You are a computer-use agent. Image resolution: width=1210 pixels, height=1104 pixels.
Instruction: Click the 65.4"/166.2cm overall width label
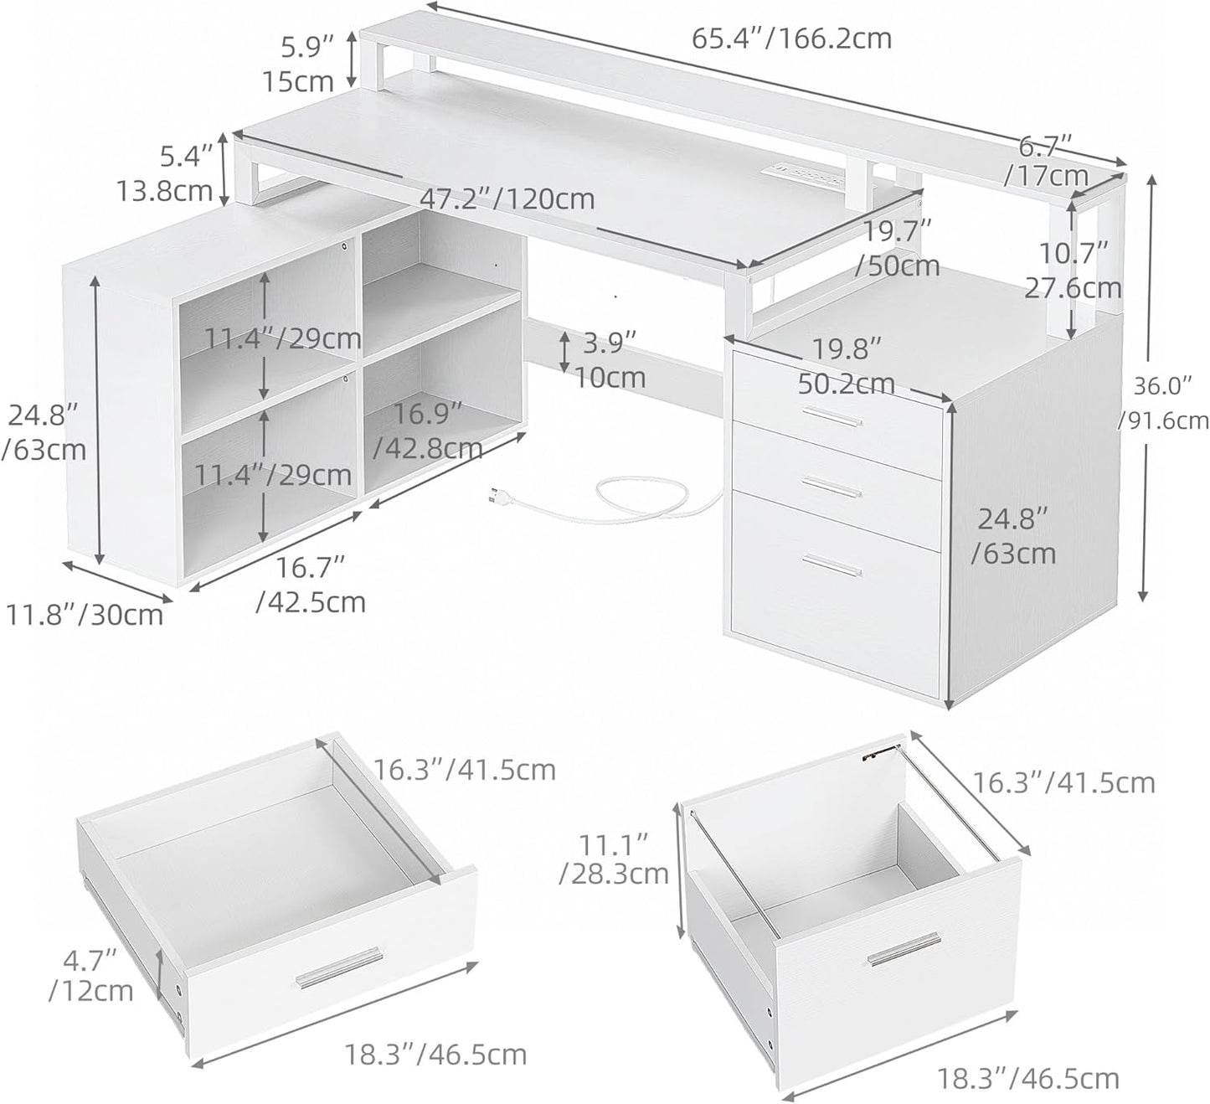(791, 39)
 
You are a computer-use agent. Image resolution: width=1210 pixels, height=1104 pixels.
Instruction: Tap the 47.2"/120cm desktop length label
(507, 199)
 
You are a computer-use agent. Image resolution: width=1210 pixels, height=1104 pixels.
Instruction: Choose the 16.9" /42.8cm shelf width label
(428, 430)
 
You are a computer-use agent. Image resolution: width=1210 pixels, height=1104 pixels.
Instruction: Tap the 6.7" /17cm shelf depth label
(1048, 161)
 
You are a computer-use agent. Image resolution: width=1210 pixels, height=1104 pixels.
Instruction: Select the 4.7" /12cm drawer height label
(90, 973)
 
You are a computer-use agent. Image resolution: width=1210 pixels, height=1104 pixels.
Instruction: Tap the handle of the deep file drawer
(892, 954)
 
